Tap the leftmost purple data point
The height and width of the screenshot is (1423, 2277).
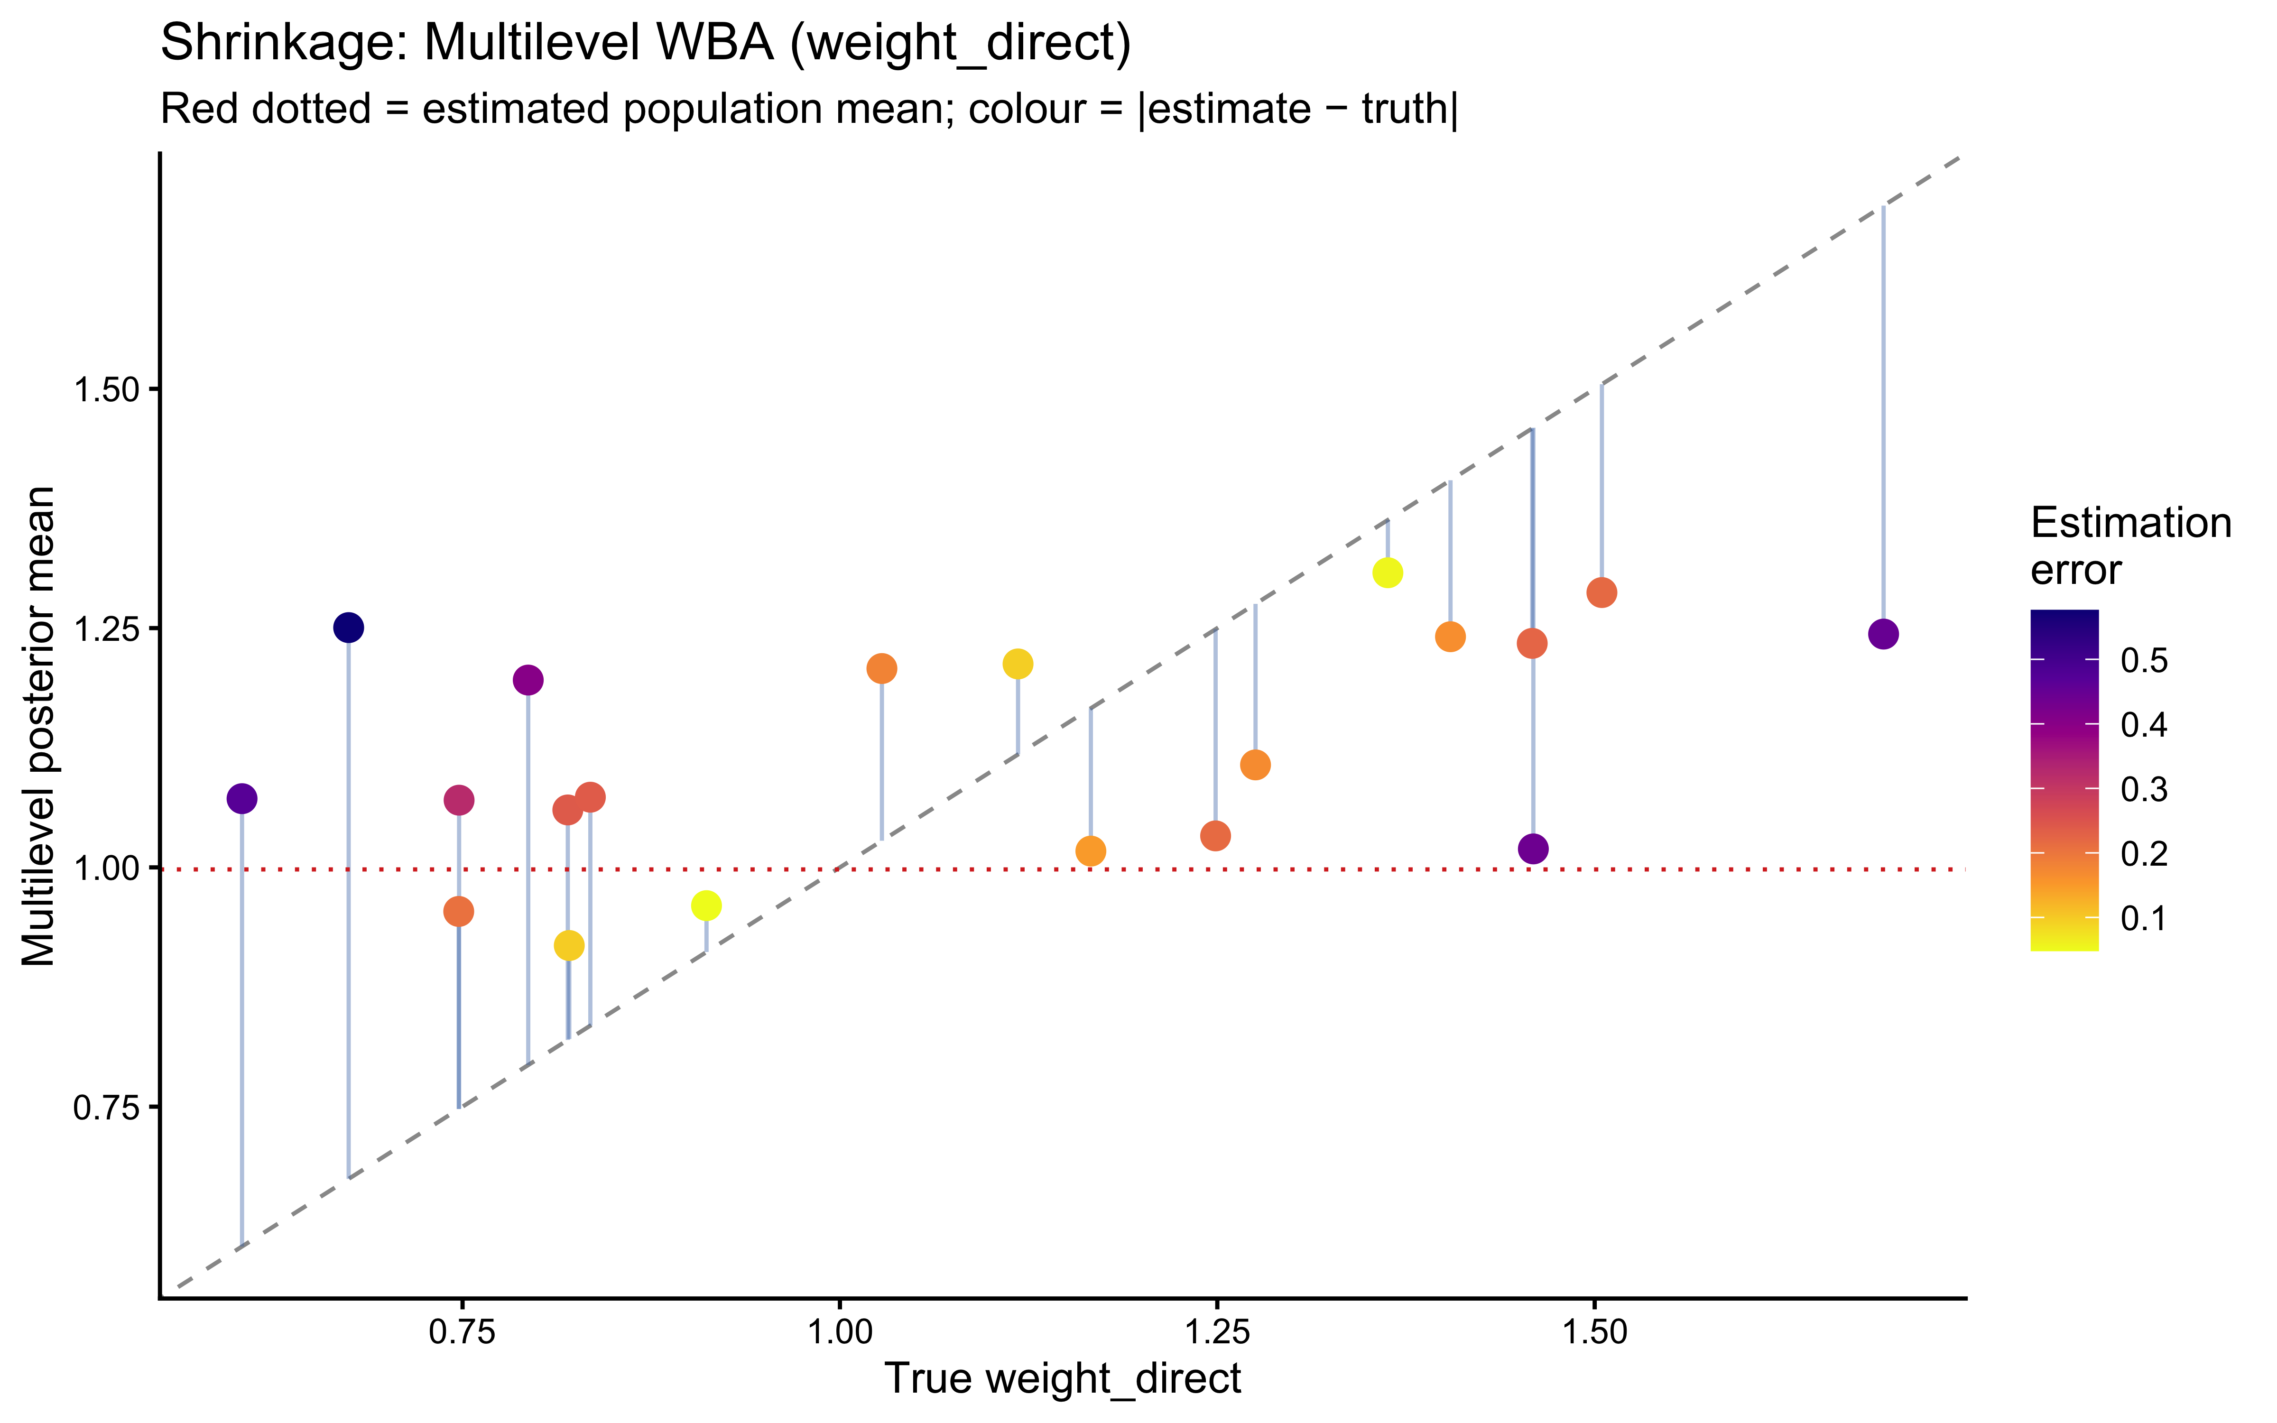(242, 799)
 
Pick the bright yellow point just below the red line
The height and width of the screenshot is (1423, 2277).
(706, 906)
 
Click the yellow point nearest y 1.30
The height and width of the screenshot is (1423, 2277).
(1387, 572)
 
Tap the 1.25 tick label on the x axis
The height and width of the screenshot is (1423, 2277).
(1216, 1333)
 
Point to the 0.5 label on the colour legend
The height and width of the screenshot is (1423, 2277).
(2143, 661)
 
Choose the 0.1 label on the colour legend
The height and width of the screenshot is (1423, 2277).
(2143, 918)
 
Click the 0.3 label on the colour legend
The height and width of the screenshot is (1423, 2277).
(2143, 790)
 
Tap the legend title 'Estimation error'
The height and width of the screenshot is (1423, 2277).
(2130, 546)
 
